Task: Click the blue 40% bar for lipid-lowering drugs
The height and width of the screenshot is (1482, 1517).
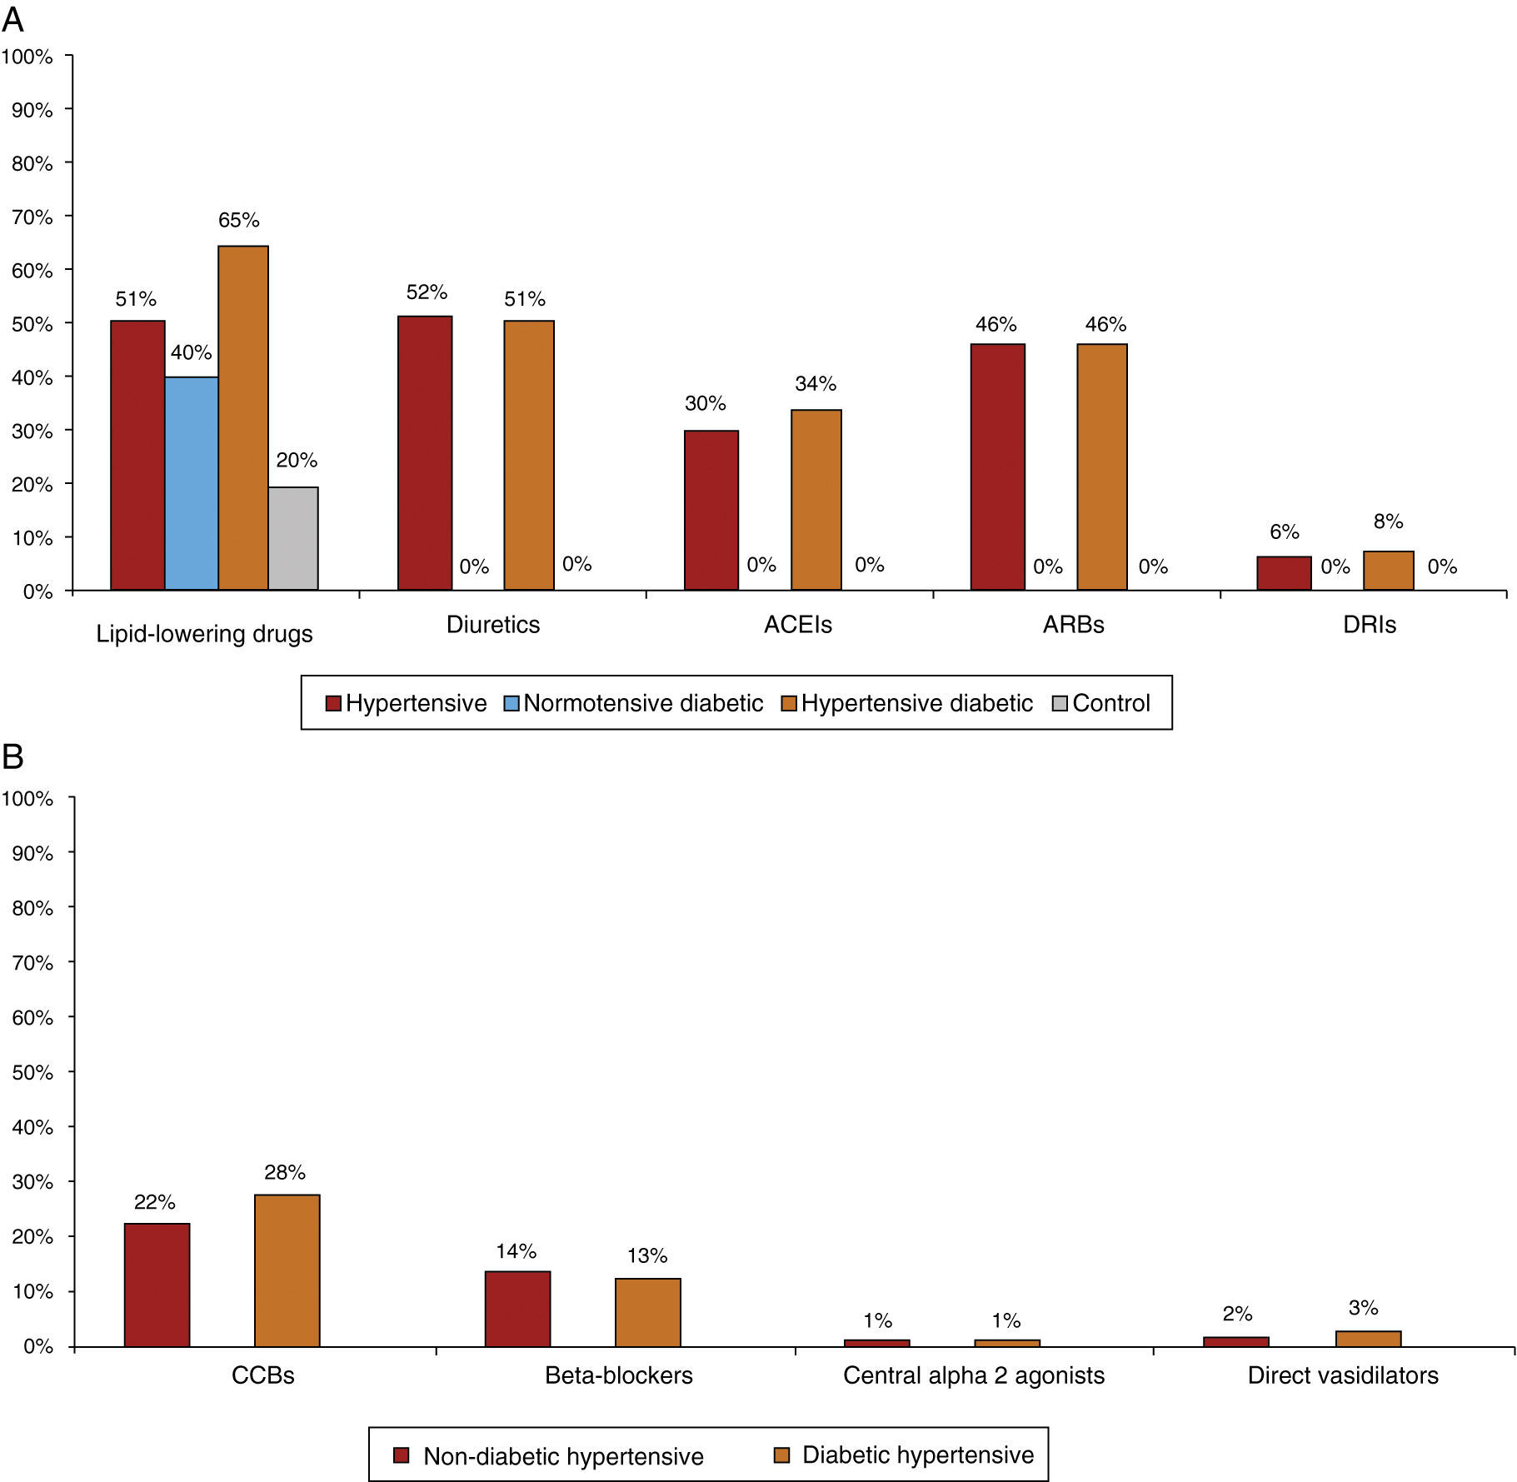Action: pyautogui.click(x=192, y=483)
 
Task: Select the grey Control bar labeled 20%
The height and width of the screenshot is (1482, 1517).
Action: pyautogui.click(x=293, y=538)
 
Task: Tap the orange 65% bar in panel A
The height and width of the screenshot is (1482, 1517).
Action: pyautogui.click(x=243, y=417)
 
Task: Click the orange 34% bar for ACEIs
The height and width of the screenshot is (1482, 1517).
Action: pyautogui.click(x=816, y=500)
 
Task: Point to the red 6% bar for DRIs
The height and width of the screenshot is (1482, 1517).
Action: pyautogui.click(x=1284, y=573)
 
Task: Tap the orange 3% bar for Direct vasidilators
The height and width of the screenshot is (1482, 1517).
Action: pyautogui.click(x=1368, y=1338)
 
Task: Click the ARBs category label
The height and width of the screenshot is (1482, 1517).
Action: pyautogui.click(x=1073, y=625)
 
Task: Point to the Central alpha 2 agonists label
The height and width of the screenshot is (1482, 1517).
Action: pyautogui.click(x=973, y=1375)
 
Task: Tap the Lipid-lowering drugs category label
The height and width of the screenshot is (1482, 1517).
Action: pyautogui.click(x=204, y=634)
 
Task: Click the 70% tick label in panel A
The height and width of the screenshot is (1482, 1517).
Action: pyautogui.click(x=32, y=217)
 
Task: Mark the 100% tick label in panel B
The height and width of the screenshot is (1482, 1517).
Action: pyautogui.click(x=27, y=799)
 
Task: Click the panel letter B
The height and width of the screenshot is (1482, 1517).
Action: pyautogui.click(x=12, y=756)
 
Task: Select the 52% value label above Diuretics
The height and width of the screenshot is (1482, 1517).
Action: pyautogui.click(x=427, y=292)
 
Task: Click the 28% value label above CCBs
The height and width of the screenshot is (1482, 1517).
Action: pyautogui.click(x=285, y=1172)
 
